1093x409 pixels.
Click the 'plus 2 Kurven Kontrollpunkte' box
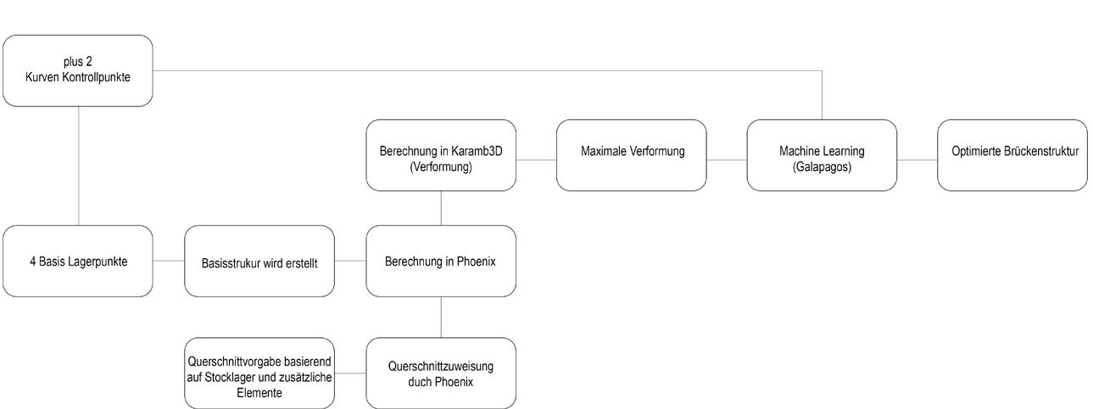pos(77,70)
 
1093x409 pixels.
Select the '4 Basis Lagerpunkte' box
pos(77,261)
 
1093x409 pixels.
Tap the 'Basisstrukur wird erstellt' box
pos(259,262)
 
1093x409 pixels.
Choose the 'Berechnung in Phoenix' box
pos(440,261)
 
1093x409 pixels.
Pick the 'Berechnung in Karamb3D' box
pos(440,155)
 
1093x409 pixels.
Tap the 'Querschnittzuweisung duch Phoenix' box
pos(440,373)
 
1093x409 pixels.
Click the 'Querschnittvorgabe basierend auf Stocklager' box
pos(259,373)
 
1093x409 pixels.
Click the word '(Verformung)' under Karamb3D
pos(440,167)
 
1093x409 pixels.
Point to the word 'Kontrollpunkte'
pos(103,77)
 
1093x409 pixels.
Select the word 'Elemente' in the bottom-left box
pos(259,393)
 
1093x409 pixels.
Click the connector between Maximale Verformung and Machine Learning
pos(726,159)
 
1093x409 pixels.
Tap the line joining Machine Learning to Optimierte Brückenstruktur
pos(917,159)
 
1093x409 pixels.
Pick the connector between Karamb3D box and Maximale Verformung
pos(536,159)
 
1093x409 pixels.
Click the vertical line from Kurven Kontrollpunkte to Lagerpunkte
pos(78,165)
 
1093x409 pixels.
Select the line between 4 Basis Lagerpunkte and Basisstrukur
pos(169,261)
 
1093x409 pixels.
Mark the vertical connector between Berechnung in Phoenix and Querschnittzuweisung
pos(441,317)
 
